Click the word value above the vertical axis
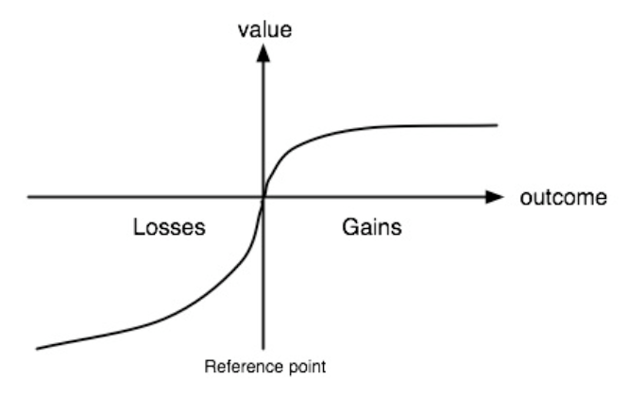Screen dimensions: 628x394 coord(264,30)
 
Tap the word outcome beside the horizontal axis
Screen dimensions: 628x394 coord(563,198)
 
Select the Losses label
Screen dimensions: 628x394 coord(169,227)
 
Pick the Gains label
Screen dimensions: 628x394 coord(372,227)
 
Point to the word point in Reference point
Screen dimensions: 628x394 coord(307,367)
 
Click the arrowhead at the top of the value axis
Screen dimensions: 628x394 coord(263,53)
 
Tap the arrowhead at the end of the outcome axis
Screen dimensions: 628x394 coord(494,197)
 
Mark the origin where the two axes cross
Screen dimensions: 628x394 coord(263,197)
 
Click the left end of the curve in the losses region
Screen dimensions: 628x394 coord(37,349)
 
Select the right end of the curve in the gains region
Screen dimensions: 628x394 coord(498,125)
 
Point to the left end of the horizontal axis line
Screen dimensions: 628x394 coord(27,197)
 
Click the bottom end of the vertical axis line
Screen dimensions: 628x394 coord(263,349)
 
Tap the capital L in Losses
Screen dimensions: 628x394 coord(139,227)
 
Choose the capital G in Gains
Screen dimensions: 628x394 coord(349,227)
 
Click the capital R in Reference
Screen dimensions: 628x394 coord(210,366)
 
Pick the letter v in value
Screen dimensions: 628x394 coord(243,32)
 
